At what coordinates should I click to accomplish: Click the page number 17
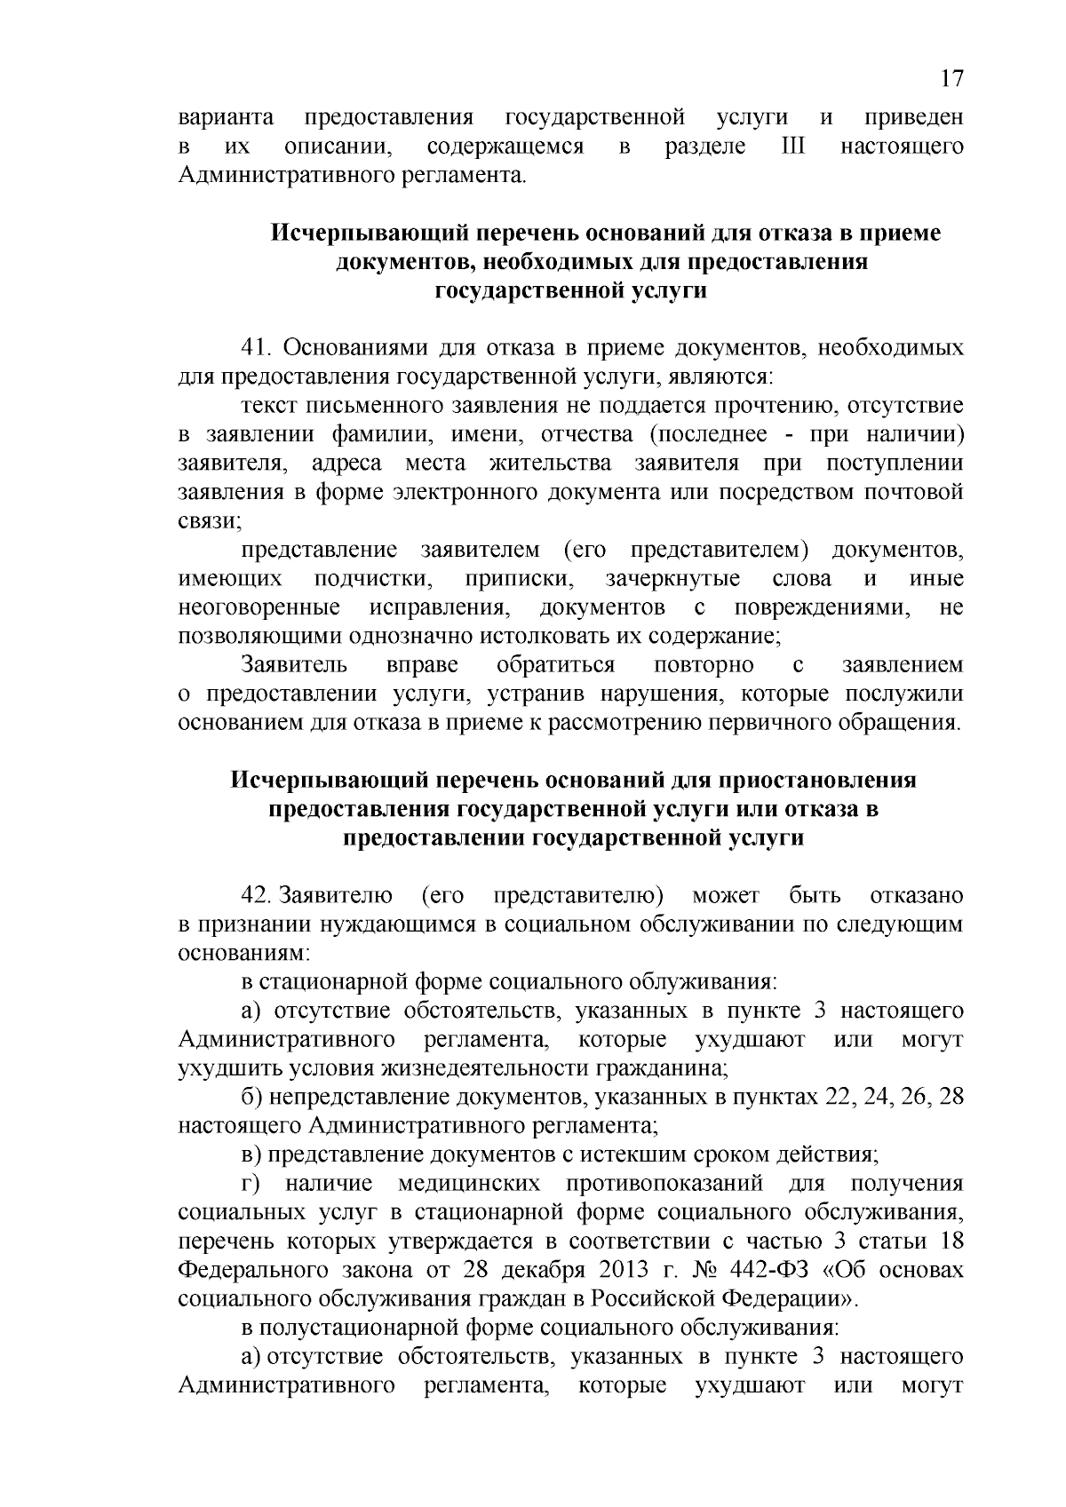click(x=951, y=79)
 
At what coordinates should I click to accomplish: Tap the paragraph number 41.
click(x=256, y=347)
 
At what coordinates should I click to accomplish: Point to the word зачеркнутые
click(x=672, y=579)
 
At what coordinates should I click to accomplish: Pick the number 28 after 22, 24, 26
click(x=951, y=1097)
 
